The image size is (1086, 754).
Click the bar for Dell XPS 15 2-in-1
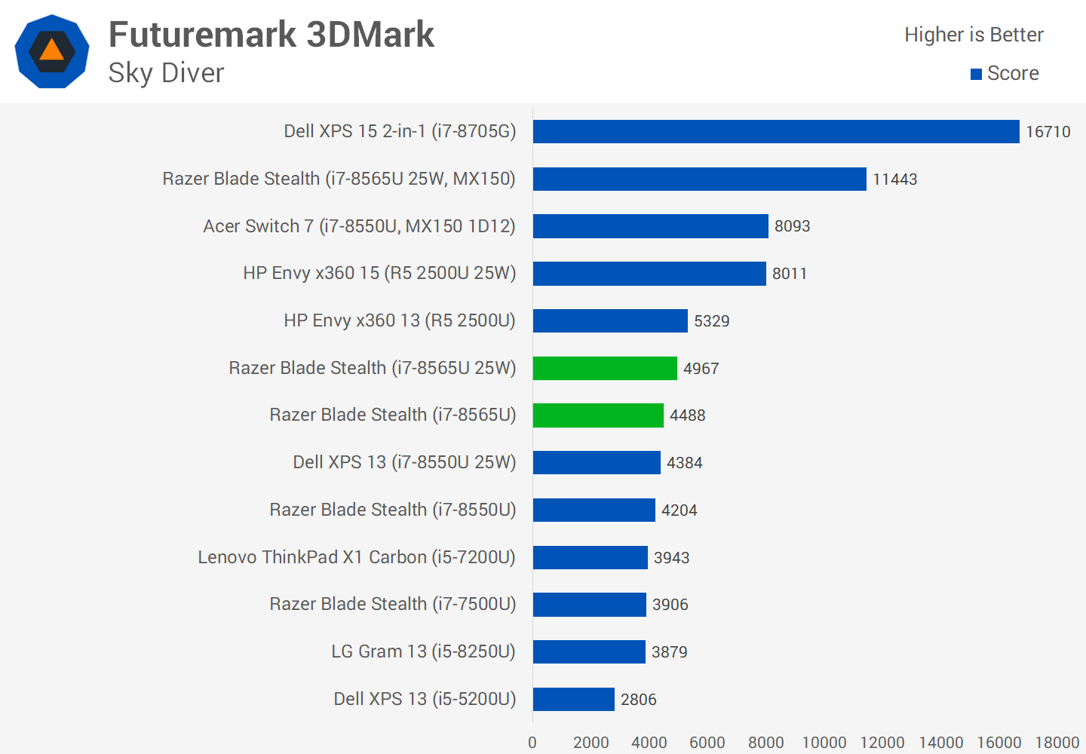[775, 131]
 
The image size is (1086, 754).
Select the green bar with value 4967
[605, 368]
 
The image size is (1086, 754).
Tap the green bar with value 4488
[598, 415]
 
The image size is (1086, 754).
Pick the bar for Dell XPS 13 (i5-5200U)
[573, 699]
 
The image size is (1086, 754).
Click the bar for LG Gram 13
[589, 651]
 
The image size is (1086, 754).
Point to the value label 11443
[894, 179]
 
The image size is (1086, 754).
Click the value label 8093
[792, 226]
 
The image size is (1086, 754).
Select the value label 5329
[711, 321]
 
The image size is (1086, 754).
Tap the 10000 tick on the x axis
[824, 743]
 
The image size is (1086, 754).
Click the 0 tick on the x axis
[532, 743]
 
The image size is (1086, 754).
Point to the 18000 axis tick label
[1057, 743]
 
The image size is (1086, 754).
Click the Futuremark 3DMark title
[271, 35]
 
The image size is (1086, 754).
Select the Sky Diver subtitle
[166, 73]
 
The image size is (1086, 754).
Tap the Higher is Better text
[974, 35]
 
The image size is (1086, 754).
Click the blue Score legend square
[976, 74]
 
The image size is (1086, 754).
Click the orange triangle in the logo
[51, 51]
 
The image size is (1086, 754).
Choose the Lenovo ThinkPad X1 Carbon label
[357, 557]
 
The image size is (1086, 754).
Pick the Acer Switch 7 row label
[359, 226]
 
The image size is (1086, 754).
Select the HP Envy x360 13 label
[400, 320]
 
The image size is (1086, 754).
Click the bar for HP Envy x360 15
[649, 274]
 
